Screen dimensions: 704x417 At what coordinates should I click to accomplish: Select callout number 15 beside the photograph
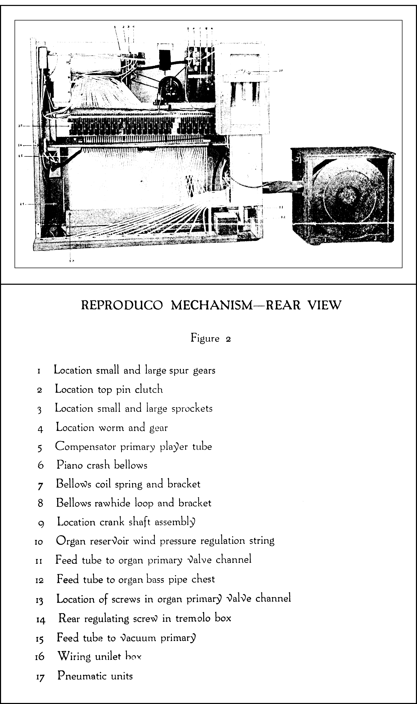pos(20,156)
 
